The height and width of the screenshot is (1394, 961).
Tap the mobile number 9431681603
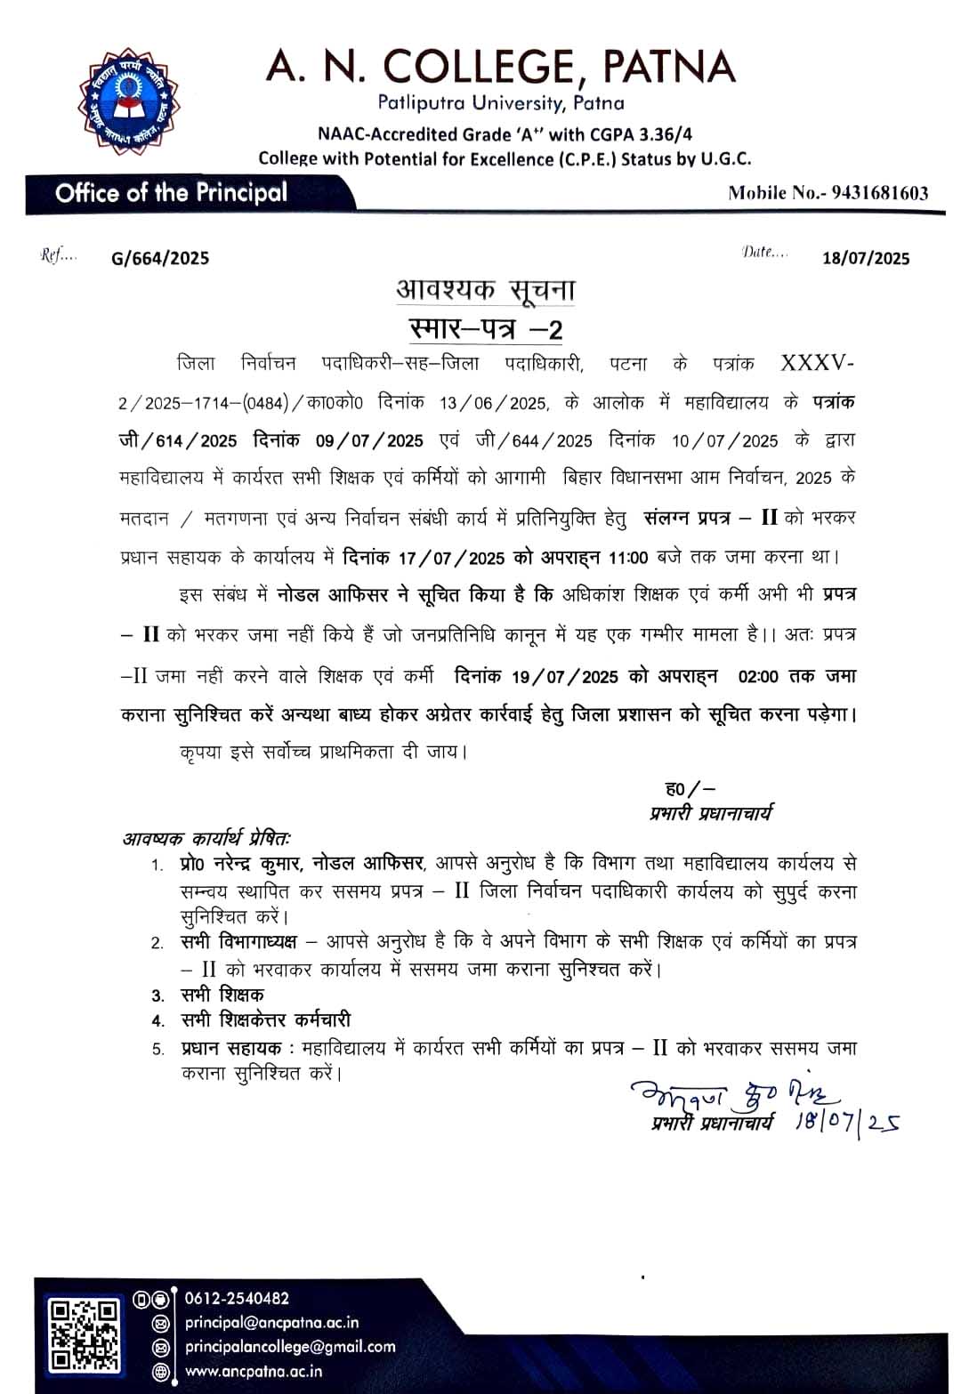point(879,193)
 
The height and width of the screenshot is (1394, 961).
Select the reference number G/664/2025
point(160,258)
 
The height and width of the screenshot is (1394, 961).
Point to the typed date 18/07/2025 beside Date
point(866,258)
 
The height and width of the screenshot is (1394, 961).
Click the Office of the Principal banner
point(171,193)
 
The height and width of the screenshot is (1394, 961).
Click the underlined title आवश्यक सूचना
point(486,290)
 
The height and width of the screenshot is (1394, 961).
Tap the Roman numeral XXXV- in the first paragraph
point(817,363)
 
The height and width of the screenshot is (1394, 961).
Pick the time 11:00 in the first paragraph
point(628,558)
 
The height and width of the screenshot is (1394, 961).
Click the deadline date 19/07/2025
point(564,676)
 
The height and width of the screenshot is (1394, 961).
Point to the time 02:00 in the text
point(758,676)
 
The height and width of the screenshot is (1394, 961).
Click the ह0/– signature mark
point(690,788)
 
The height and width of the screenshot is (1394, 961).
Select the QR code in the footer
point(84,1334)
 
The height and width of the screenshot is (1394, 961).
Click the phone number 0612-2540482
point(237,1299)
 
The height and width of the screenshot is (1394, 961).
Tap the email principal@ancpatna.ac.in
point(272,1323)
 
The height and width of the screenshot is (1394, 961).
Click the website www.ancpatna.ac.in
point(254,1371)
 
